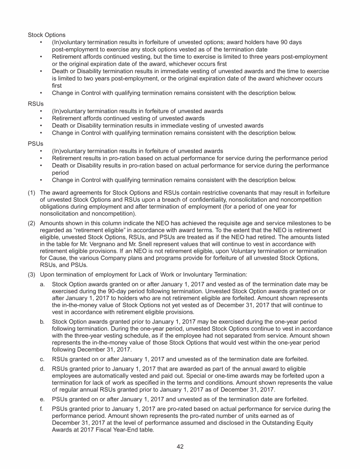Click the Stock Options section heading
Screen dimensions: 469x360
pyautogui.click(x=47, y=35)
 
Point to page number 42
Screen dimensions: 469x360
pyautogui.click(x=180, y=446)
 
